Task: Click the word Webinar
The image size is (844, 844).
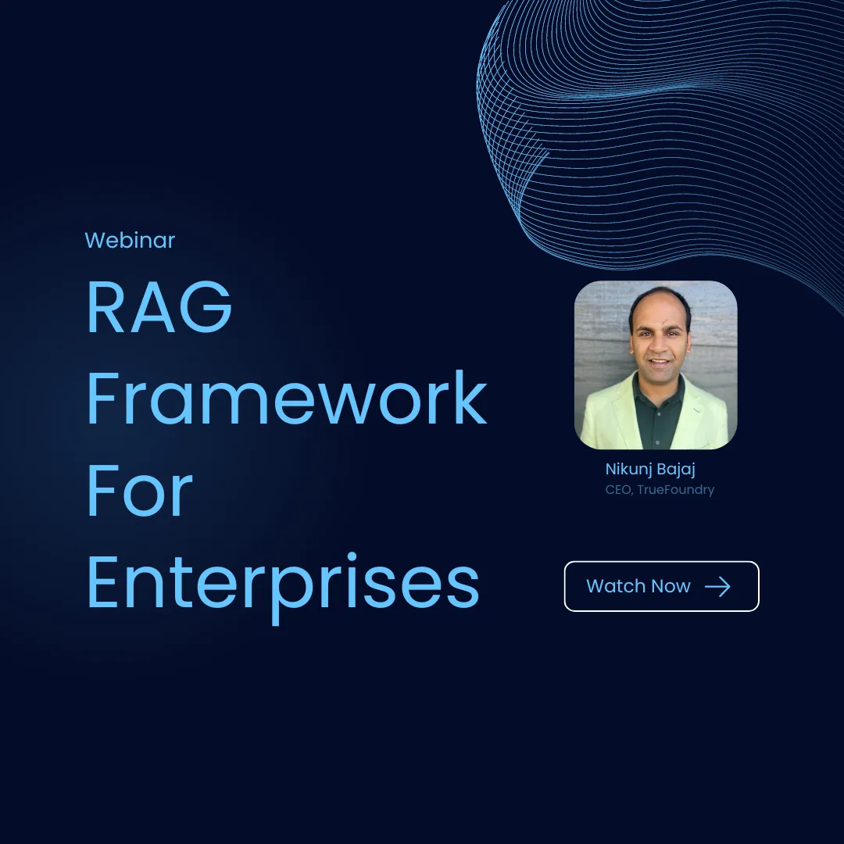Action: click(x=130, y=240)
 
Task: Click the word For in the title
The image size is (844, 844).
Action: click(x=139, y=492)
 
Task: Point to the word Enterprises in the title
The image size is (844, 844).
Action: click(x=282, y=585)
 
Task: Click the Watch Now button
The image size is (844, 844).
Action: click(x=661, y=586)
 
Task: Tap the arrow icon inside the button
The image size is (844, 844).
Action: click(x=717, y=587)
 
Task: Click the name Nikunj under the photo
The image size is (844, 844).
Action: click(x=627, y=469)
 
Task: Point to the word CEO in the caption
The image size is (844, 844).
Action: click(x=619, y=490)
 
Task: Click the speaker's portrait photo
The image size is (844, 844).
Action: click(x=656, y=365)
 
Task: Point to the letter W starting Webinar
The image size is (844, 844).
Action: click(x=94, y=240)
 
